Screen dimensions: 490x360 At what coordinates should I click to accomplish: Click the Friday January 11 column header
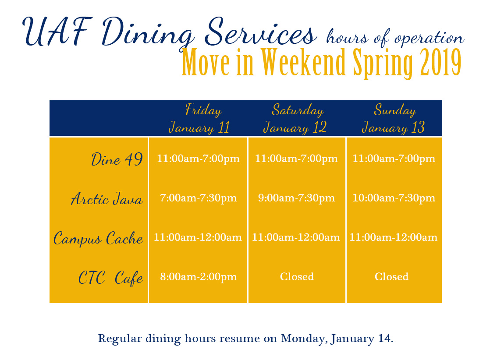coord(199,119)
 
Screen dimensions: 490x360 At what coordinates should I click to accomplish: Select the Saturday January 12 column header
coord(295,119)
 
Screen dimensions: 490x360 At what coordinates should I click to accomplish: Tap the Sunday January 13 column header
coord(394,119)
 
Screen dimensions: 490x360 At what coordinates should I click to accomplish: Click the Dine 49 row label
coord(117,159)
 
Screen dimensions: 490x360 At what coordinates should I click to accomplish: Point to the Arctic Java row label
coord(107,198)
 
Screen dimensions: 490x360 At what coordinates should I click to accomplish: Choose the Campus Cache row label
coord(98,239)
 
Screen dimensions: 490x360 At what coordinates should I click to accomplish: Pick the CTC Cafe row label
coord(110,278)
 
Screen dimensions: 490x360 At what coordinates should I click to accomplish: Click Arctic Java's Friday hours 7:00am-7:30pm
coord(199,198)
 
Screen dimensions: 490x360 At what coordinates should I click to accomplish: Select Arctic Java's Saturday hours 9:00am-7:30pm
coord(297,198)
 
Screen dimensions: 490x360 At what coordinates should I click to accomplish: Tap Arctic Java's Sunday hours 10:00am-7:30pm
coord(394,198)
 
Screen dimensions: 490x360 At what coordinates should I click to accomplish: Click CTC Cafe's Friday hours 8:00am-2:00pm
coord(199,277)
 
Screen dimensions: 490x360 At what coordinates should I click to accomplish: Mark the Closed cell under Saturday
coord(297,277)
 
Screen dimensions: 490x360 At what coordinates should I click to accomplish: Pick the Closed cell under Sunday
coord(391,277)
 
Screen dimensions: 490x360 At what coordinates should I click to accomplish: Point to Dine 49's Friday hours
coord(199,159)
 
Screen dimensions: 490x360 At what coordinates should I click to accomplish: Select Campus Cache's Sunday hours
coord(394,237)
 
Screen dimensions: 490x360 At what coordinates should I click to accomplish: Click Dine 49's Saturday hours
coord(297,159)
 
